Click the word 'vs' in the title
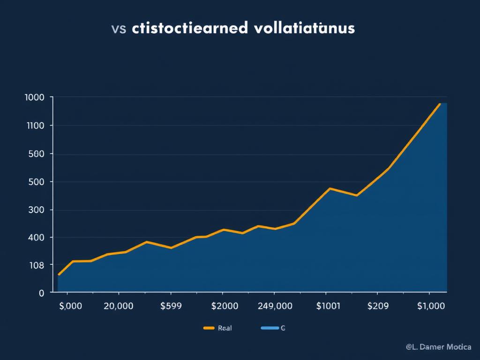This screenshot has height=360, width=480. coord(119,28)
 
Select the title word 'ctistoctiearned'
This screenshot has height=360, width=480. coord(190,28)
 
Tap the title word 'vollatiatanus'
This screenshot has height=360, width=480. coord(304,28)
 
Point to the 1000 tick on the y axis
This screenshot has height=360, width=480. coord(34,97)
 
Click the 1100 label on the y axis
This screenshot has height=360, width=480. coord(34,126)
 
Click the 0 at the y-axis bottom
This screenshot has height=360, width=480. coord(41,293)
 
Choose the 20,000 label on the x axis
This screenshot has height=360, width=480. coord(118,306)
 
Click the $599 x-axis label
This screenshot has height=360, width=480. coord(171,306)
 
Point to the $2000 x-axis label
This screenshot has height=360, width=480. coord(225,306)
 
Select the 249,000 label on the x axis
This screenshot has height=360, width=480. coord(275,306)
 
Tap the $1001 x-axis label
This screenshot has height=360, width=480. coord(329,306)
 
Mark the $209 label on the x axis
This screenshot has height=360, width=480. coord(378,306)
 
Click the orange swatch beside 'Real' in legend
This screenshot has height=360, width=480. coord(209,329)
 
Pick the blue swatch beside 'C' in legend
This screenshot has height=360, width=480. coord(269,329)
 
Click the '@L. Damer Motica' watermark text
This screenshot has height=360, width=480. coord(438,347)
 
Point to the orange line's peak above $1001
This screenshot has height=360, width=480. coord(330,188)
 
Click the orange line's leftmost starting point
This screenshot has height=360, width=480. coord(59,274)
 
